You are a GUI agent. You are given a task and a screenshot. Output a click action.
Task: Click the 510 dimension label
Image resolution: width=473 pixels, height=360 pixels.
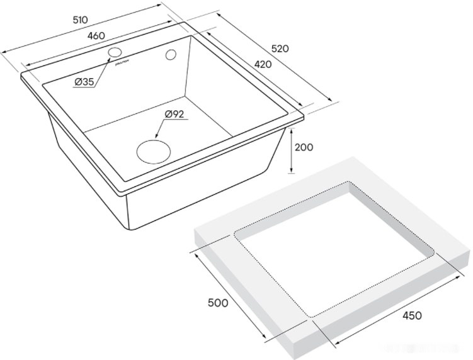click(79, 20)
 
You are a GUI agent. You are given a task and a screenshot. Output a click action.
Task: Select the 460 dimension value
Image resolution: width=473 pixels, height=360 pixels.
click(95, 36)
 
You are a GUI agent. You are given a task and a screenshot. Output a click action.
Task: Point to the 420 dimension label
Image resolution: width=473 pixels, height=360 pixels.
click(263, 64)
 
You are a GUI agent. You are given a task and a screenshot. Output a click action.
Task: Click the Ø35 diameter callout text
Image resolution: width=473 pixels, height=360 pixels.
click(84, 82)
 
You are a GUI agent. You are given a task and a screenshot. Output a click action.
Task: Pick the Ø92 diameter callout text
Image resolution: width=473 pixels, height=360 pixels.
click(173, 114)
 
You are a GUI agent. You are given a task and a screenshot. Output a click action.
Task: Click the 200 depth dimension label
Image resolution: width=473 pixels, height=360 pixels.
click(304, 148)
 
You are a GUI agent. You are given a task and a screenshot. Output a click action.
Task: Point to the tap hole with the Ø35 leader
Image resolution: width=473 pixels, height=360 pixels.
click(115, 51)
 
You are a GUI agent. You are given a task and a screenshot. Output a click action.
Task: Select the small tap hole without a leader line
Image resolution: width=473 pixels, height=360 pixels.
click(170, 55)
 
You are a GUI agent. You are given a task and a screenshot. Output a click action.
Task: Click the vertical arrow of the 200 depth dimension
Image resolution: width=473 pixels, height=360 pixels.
click(291, 150)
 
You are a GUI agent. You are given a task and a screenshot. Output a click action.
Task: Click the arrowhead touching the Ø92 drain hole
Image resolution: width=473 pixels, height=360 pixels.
click(154, 138)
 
